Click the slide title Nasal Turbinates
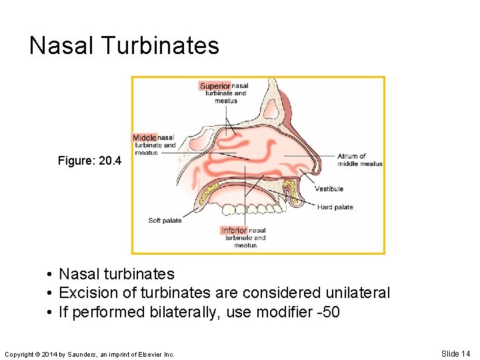click(124, 46)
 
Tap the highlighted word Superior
click(215, 86)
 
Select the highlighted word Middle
click(145, 137)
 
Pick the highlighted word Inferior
click(234, 231)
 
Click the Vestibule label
click(329, 189)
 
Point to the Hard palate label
click(335, 207)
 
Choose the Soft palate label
click(165, 221)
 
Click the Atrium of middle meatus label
click(360, 160)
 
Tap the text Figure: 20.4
click(90, 161)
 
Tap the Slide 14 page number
click(455, 353)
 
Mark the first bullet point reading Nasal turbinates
click(117, 274)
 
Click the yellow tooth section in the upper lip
click(290, 194)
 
